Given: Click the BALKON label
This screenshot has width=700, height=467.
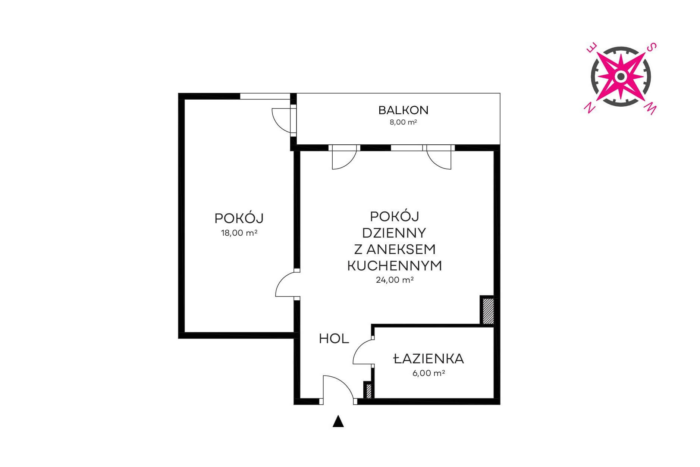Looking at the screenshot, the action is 403,110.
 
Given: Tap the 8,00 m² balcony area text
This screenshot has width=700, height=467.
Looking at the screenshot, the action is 403,122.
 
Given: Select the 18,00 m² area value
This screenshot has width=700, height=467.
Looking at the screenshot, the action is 239,233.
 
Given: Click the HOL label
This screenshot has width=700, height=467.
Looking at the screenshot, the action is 334,339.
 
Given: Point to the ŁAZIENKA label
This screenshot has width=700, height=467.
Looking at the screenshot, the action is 429,358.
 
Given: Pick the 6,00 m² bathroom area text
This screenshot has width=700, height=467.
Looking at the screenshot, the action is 429,373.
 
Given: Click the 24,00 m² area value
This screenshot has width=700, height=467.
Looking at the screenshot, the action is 395,280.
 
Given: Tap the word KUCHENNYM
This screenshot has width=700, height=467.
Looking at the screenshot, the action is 395,266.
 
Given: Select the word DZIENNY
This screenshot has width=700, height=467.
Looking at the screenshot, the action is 394,233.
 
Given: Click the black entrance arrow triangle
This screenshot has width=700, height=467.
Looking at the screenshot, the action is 338,421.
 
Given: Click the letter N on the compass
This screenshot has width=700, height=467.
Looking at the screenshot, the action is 589,108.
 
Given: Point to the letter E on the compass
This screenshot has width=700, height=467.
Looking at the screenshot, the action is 592,48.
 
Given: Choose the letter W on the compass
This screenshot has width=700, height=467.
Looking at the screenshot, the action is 650,109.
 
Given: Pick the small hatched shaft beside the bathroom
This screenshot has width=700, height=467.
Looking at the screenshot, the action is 369,391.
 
